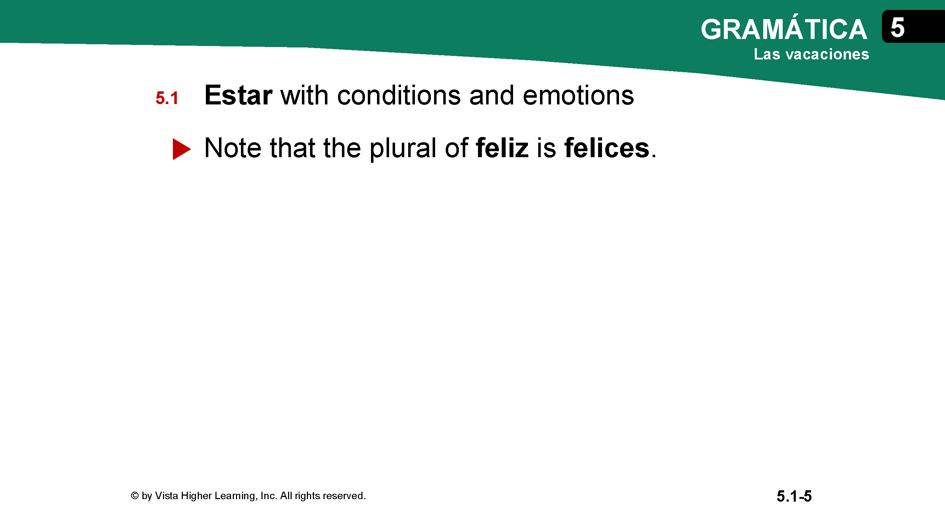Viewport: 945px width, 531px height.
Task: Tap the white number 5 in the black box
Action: click(897, 28)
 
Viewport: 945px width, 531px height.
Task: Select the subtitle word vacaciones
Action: click(827, 54)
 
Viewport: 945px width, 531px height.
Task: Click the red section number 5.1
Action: click(167, 98)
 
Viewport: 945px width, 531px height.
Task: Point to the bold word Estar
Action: click(238, 95)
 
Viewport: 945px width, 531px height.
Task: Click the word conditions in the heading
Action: click(399, 95)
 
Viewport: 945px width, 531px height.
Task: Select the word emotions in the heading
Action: click(578, 95)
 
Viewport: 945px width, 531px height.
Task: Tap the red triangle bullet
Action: click(181, 149)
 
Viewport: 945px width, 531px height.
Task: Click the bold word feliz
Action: click(502, 148)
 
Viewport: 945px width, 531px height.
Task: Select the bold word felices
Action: click(607, 148)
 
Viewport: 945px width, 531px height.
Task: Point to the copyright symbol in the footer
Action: click(135, 496)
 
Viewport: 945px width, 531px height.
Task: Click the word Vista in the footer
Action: click(166, 496)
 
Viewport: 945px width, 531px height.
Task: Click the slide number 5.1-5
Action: click(794, 496)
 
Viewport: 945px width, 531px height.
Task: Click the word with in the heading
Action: click(304, 95)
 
